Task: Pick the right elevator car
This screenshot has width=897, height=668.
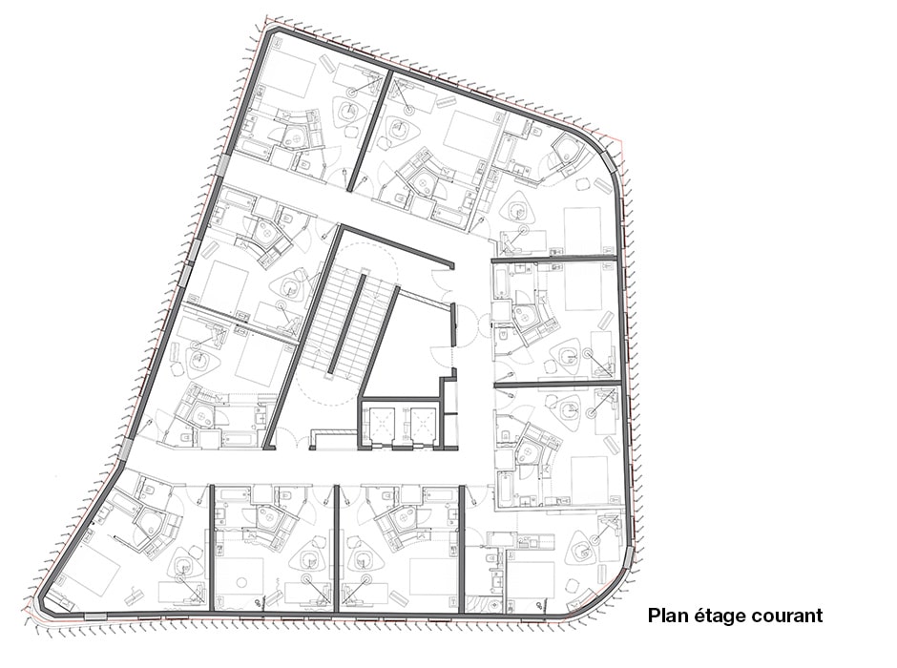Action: coord(421,423)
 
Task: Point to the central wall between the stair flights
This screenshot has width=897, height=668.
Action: coord(346,324)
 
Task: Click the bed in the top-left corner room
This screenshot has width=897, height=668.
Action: coord(289,76)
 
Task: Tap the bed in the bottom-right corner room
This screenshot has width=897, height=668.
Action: coord(531,580)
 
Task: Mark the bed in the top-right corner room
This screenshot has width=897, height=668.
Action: coord(583,231)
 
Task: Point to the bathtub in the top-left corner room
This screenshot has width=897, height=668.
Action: coord(254,148)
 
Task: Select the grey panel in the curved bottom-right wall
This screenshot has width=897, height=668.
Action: coord(628,557)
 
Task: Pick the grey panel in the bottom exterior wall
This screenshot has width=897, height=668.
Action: coord(95,616)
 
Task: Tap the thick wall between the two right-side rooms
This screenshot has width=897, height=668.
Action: coord(557,382)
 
